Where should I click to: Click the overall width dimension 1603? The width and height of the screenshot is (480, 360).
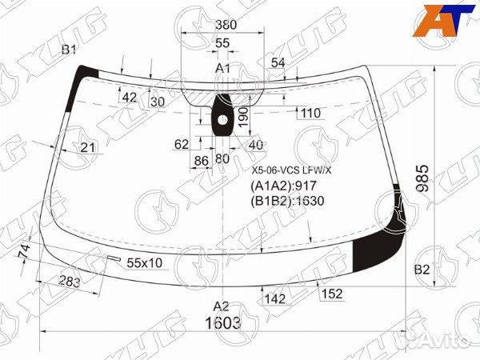pos(223,322)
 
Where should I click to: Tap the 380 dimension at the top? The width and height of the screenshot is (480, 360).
pos(226,25)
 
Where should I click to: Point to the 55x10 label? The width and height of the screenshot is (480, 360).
pos(144,262)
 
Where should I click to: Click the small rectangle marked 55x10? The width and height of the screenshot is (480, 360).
pos(114,258)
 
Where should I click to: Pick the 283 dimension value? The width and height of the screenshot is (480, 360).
pos(70,282)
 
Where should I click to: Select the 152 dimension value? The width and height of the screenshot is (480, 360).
pos(332,294)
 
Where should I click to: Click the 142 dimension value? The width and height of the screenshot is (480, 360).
pos(275,298)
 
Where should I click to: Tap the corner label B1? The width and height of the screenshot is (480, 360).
pos(69,50)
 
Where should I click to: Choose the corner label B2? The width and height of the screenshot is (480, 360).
pos(422,270)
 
